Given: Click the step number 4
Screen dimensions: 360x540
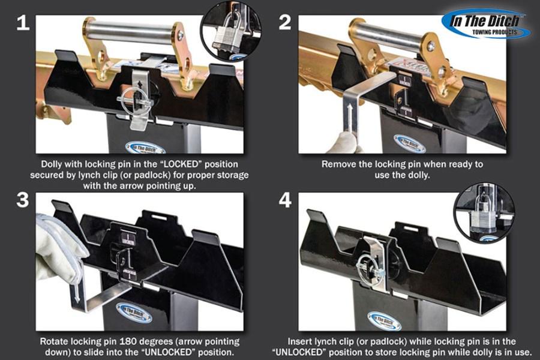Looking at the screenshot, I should tap(286, 200).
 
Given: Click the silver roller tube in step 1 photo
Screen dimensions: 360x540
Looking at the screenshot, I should tap(132, 30).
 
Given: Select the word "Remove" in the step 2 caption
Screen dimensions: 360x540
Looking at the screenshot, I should tap(339, 164).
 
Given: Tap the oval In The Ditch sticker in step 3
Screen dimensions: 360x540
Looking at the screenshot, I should tap(137, 312).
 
